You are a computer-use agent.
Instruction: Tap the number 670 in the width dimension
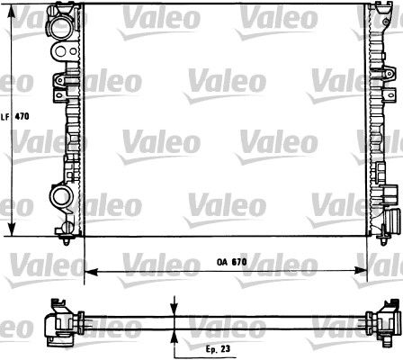(x=237, y=262)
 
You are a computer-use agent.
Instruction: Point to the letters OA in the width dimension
(x=220, y=262)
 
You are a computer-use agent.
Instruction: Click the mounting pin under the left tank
(x=69, y=239)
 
